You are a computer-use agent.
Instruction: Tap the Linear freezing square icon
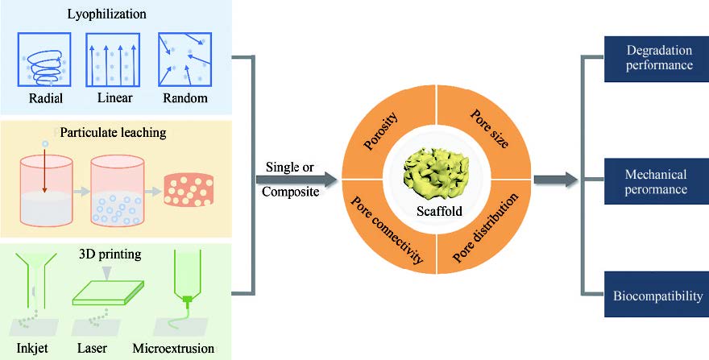coord(113,59)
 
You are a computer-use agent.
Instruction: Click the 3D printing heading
coord(110,254)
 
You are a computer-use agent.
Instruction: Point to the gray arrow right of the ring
coord(555,179)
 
